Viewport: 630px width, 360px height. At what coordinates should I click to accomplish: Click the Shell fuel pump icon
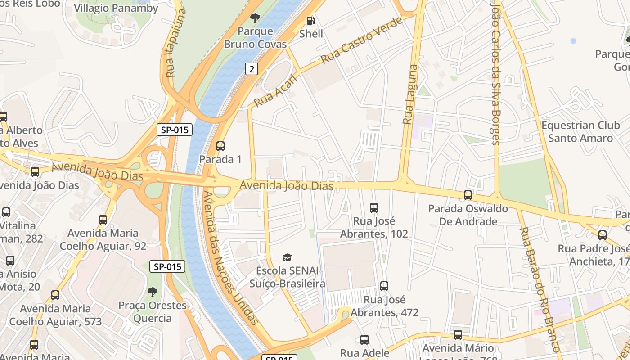click(310, 21)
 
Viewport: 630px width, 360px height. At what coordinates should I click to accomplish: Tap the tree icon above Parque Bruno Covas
click(255, 18)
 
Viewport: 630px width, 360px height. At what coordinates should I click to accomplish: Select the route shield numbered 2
click(252, 69)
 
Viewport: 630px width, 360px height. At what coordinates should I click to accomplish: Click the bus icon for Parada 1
click(220, 146)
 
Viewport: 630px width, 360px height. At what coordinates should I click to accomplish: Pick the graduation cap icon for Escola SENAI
click(287, 257)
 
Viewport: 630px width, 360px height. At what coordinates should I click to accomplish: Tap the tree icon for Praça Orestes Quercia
click(153, 292)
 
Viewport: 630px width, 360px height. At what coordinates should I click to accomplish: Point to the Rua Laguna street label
click(410, 94)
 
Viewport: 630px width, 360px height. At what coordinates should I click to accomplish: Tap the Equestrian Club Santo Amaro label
click(580, 132)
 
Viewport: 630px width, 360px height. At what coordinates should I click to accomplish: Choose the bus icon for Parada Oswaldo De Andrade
click(468, 195)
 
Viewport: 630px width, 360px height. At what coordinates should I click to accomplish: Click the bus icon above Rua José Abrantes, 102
click(374, 207)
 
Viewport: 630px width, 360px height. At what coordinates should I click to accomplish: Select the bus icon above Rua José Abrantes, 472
click(384, 286)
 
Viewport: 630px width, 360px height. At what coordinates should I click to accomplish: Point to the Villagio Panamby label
click(116, 8)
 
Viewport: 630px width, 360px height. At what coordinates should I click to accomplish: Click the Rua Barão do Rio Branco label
click(540, 290)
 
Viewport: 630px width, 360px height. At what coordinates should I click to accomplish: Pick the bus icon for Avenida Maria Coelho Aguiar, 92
click(103, 220)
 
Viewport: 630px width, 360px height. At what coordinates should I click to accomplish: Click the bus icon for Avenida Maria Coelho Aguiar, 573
click(55, 295)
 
